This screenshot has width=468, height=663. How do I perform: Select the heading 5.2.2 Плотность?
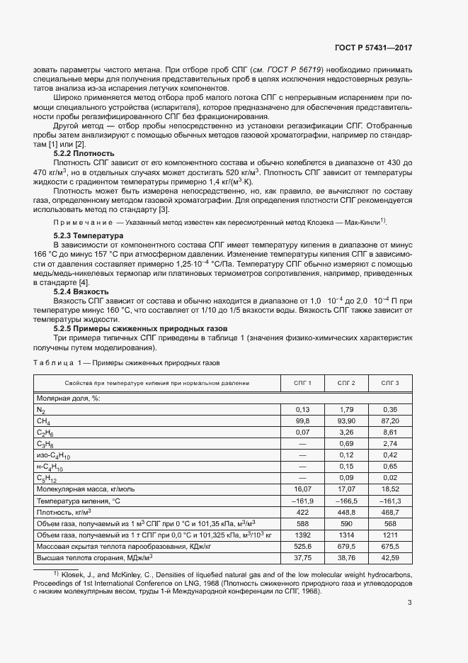(84, 153)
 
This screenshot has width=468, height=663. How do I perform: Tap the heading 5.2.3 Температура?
(89, 235)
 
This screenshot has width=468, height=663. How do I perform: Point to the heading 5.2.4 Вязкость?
(81, 291)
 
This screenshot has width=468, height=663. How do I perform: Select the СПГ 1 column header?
(303, 383)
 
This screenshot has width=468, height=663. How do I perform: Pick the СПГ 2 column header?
(346, 383)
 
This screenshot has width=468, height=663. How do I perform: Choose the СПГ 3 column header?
(390, 383)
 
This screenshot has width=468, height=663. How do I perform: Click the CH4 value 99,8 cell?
(303, 420)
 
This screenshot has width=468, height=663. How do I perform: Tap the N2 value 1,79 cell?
(346, 409)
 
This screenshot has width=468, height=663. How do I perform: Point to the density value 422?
(303, 511)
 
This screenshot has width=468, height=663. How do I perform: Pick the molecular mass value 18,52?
(390, 489)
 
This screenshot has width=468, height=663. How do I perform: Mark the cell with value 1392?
(303, 535)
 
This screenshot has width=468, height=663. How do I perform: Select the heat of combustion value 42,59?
(390, 558)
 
